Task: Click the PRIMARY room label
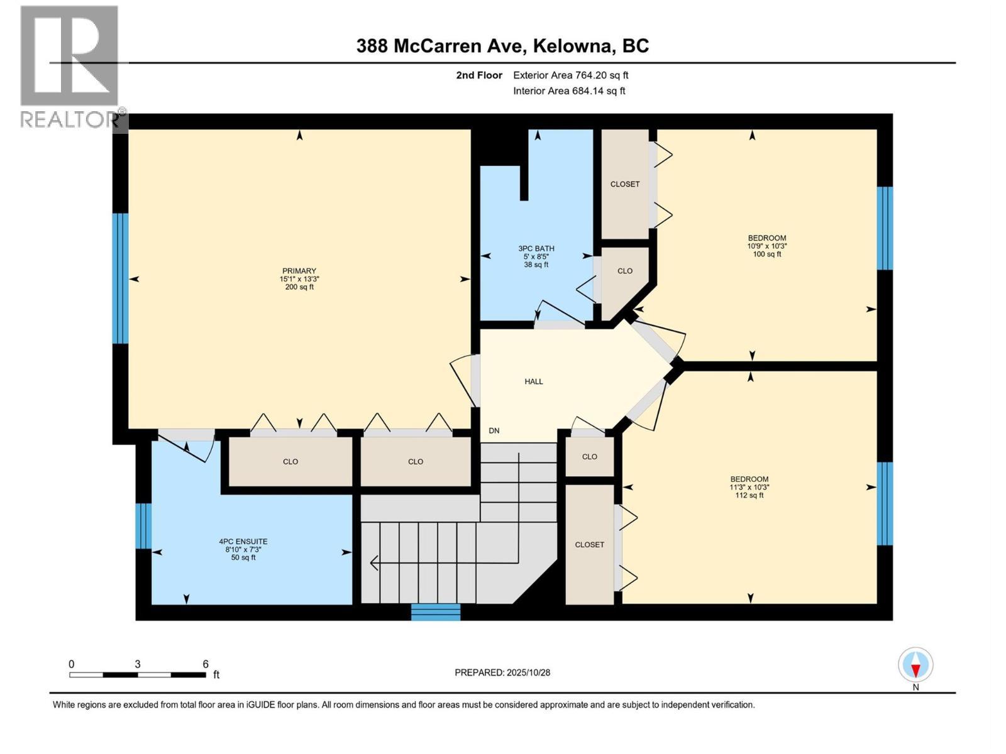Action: [x=299, y=271]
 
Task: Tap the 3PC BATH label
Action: [x=536, y=248]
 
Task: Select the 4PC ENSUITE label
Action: [x=243, y=541]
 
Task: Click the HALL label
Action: [x=534, y=381]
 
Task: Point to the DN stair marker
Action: [x=494, y=430]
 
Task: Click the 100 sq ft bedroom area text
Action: [x=766, y=254]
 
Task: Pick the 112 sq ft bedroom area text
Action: [x=749, y=495]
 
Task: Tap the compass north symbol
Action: [x=915, y=665]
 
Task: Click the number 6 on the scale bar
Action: [x=205, y=664]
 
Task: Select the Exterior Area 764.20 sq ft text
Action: [x=570, y=75]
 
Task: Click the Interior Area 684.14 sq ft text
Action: [x=569, y=91]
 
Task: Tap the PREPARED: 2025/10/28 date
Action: [x=502, y=672]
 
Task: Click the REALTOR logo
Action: [x=69, y=66]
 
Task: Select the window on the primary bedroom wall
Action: [x=120, y=278]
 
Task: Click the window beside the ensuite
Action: [x=143, y=526]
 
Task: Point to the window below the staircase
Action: [x=436, y=612]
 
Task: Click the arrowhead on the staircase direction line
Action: [x=373, y=563]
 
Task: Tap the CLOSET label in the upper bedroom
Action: [x=624, y=184]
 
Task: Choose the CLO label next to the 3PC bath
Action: [x=624, y=271]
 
